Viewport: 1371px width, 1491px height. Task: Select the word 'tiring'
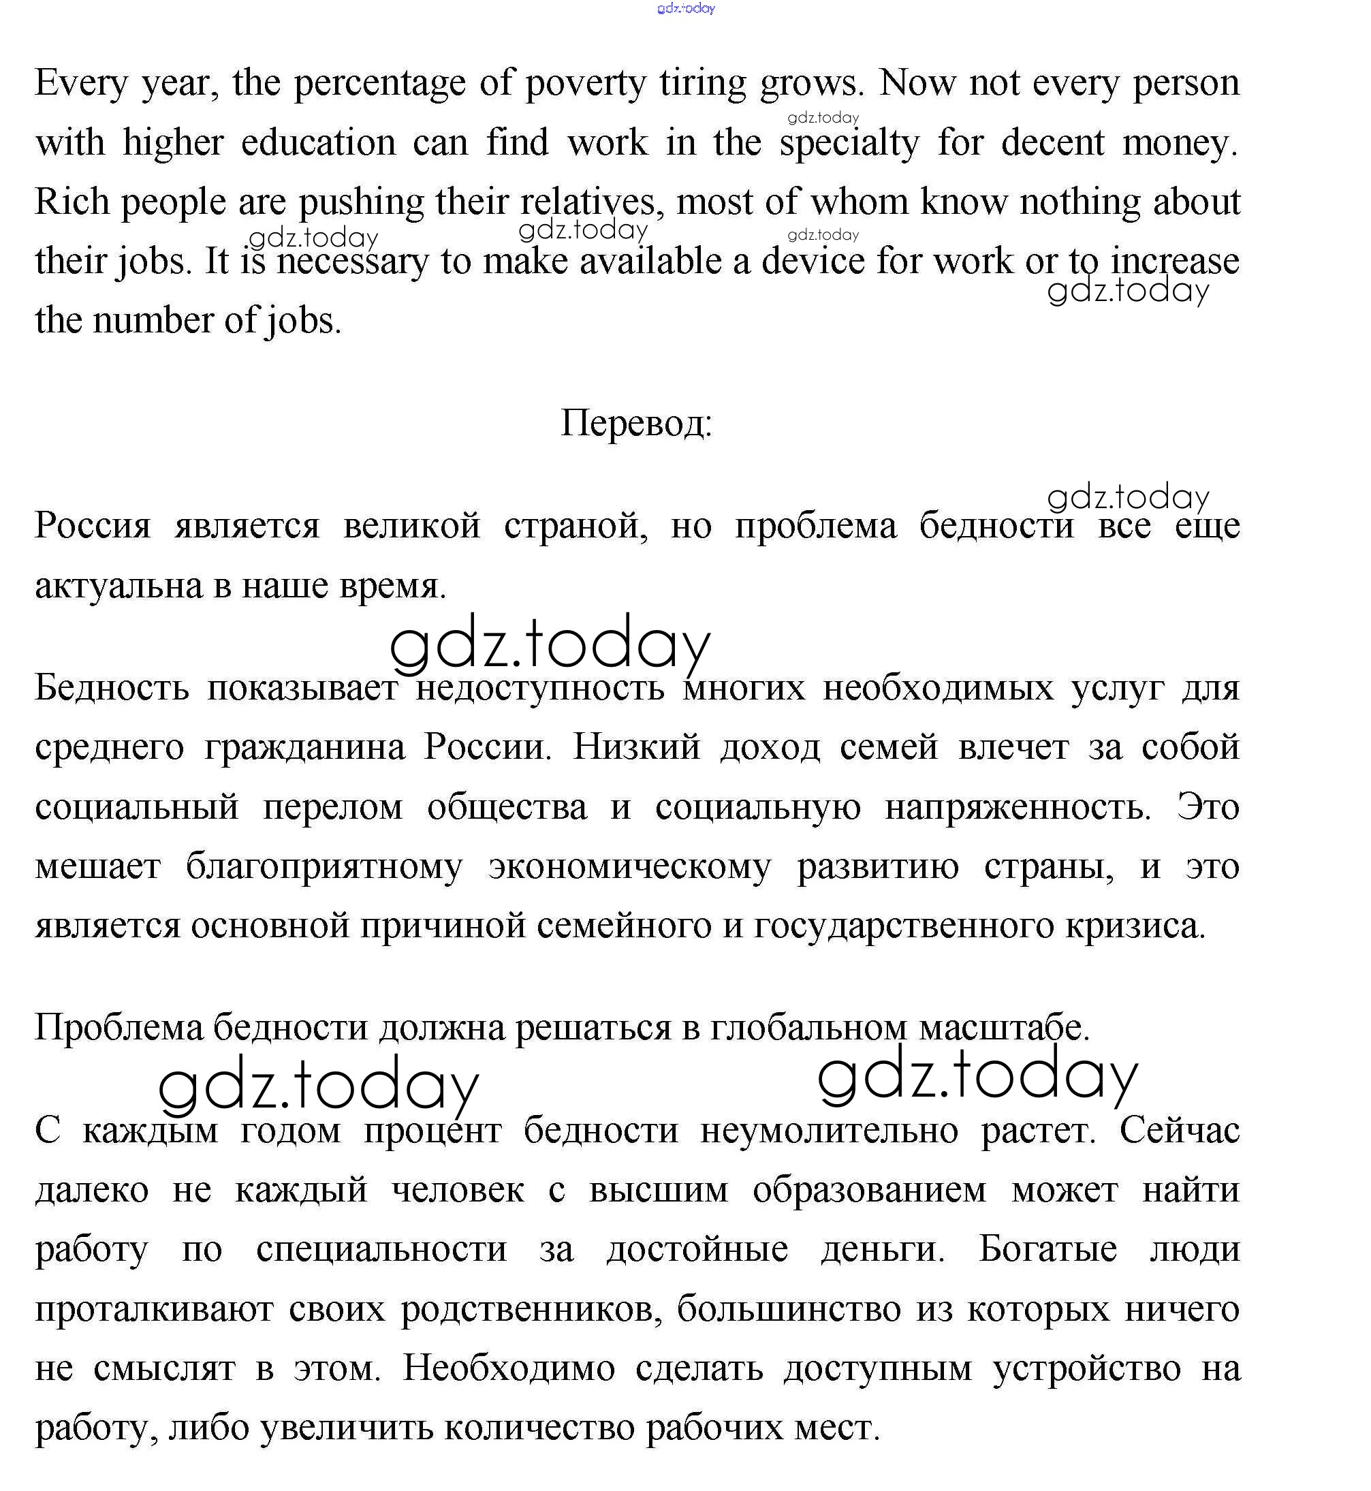(x=702, y=84)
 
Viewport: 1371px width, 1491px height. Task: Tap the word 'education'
(x=318, y=142)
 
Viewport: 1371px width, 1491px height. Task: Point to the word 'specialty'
(x=849, y=144)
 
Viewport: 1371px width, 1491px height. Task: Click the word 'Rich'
(x=72, y=202)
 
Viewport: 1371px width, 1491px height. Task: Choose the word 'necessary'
(x=352, y=262)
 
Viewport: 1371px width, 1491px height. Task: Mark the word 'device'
(x=813, y=261)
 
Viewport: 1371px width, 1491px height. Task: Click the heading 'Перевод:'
(x=636, y=424)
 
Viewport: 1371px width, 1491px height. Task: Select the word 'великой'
(x=412, y=526)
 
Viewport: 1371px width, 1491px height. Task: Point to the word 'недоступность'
(x=539, y=689)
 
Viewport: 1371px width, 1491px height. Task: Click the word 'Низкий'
(x=636, y=747)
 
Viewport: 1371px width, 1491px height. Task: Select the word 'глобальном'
(x=808, y=1028)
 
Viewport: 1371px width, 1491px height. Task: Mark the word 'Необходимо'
(x=508, y=1368)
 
